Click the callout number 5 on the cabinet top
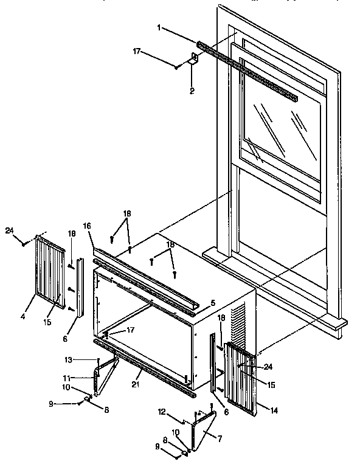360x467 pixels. pyautogui.click(x=212, y=302)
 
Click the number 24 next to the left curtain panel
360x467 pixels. pyautogui.click(x=9, y=229)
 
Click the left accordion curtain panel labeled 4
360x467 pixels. pyautogui.click(x=50, y=268)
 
